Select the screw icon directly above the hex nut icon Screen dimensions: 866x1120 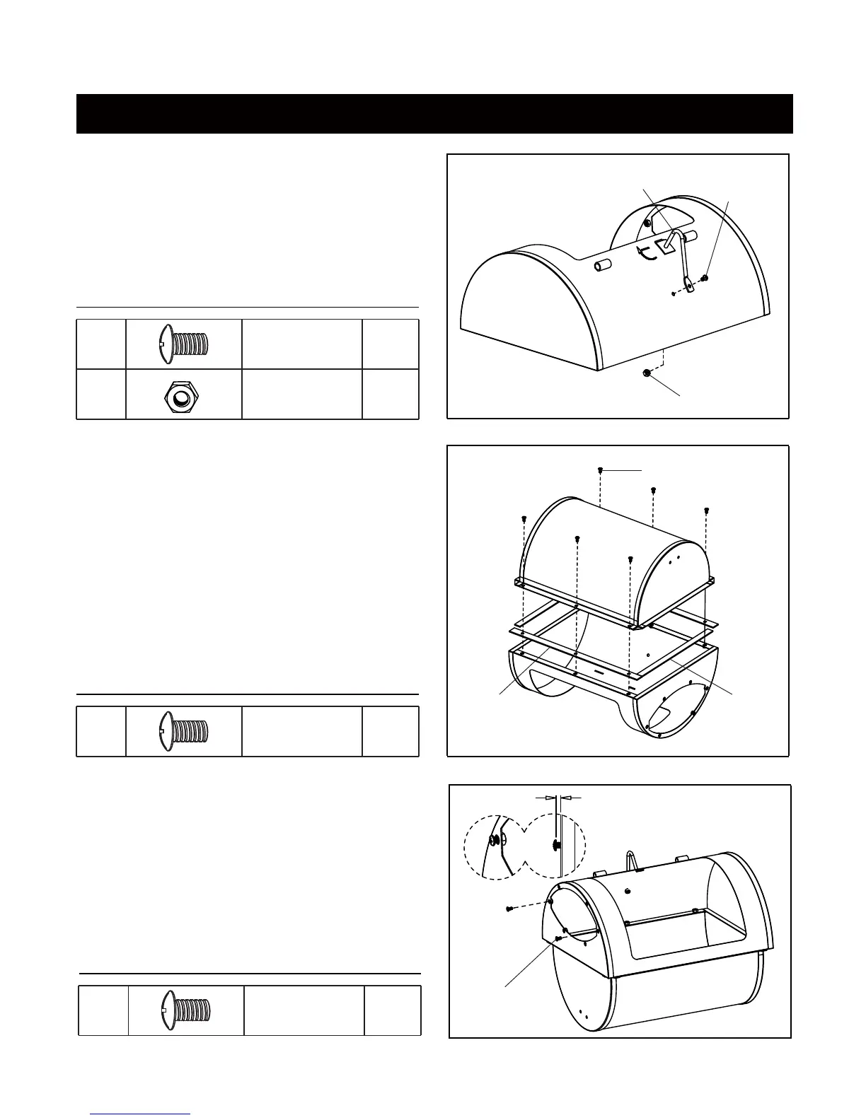point(183,344)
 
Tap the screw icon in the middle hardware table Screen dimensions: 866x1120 point(183,731)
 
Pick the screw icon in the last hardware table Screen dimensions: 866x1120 point(185,1010)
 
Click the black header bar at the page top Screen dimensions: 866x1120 point(434,113)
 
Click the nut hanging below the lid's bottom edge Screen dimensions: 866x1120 point(647,373)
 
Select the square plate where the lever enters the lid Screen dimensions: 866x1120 point(666,246)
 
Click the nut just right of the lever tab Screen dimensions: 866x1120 point(705,279)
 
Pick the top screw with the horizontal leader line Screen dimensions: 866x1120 point(600,470)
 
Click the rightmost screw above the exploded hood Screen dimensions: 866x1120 point(706,510)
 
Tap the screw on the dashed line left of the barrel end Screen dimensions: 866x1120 point(509,909)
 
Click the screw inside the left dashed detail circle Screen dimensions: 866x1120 point(493,841)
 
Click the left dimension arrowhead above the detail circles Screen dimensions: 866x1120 point(550,797)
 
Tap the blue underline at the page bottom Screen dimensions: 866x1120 point(140,1114)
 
